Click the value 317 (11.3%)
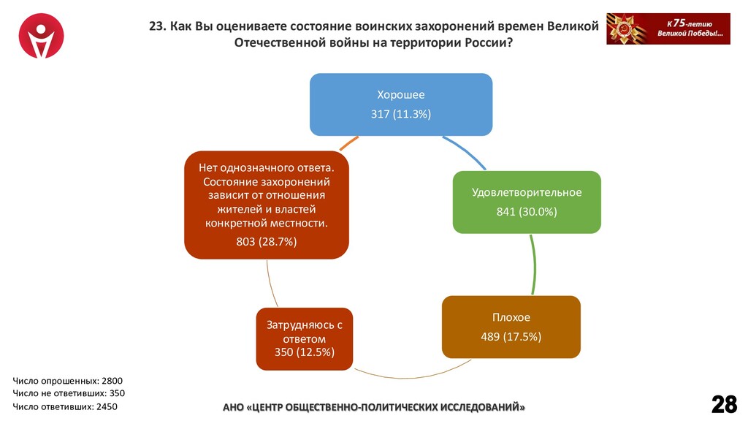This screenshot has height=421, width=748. pos(401,114)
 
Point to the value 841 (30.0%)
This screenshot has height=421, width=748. pos(527,212)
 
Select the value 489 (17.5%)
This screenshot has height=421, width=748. pos(511,337)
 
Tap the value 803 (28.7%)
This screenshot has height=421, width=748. pos(266,241)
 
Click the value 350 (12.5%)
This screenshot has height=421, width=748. pos(305,352)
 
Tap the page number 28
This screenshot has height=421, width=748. pos(724,403)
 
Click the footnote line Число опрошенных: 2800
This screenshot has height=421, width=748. pos(68,380)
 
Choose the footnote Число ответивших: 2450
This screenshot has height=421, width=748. pos(65,406)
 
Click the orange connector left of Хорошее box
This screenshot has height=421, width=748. pos(350,140)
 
